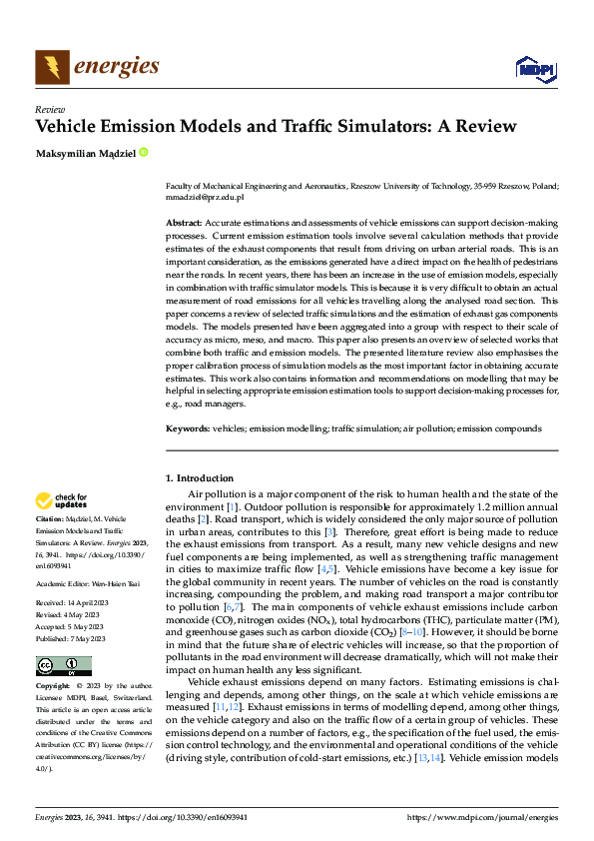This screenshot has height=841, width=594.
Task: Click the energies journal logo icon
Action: click(x=52, y=67)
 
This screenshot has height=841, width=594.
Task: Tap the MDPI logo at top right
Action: click(x=534, y=67)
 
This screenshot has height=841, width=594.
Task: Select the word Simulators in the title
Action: click(x=389, y=126)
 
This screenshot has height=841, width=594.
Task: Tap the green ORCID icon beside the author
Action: click(x=144, y=153)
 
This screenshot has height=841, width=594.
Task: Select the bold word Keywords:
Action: click(x=188, y=427)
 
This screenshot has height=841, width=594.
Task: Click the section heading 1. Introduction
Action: click(x=200, y=478)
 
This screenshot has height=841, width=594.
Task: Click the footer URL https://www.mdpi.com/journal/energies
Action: click(x=483, y=817)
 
